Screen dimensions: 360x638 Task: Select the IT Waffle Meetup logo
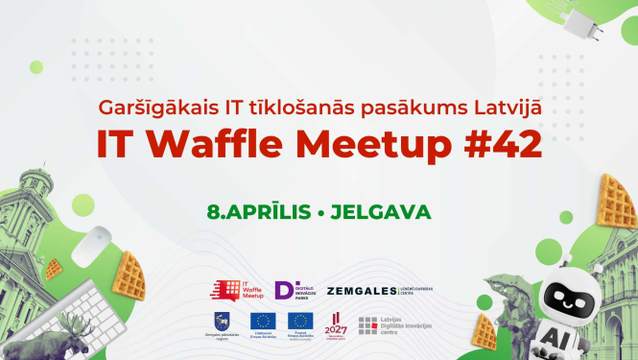(237, 290)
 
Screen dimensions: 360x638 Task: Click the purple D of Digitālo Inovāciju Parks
(284, 290)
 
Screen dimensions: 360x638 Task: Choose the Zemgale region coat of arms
(223, 321)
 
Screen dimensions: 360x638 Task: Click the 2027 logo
(335, 324)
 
